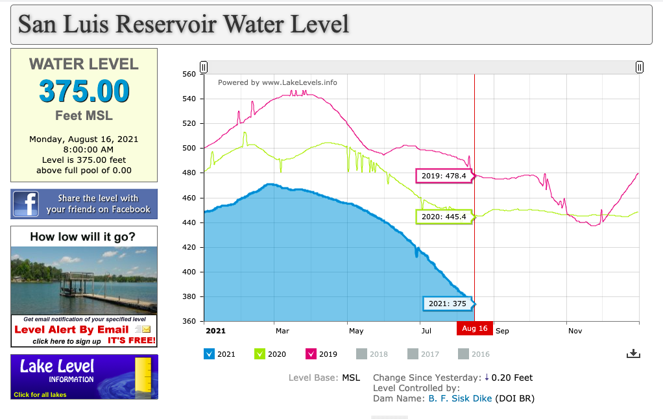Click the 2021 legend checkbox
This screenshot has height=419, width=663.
coord(209,353)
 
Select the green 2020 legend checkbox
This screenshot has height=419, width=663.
coord(259,353)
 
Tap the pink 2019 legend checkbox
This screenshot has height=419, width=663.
coord(310,353)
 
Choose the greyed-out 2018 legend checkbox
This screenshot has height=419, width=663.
coord(361,353)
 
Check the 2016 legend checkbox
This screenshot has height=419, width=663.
coord(463,353)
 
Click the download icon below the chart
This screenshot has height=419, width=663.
coord(634,353)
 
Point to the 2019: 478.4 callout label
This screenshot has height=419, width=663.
coord(444,175)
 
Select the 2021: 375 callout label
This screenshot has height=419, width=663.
coord(448,304)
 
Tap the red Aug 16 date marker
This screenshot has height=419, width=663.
coord(475,328)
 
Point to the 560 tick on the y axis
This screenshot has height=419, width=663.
coord(189,74)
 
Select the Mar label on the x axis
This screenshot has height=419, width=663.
coord(282,331)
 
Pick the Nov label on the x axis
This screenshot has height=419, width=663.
coord(575,331)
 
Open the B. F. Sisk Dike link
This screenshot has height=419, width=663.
coord(460,398)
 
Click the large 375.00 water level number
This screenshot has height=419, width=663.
coord(84,91)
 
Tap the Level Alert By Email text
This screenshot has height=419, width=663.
coord(71,329)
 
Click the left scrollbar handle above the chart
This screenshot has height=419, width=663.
coord(204,67)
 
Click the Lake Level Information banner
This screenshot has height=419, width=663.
coord(84,376)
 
